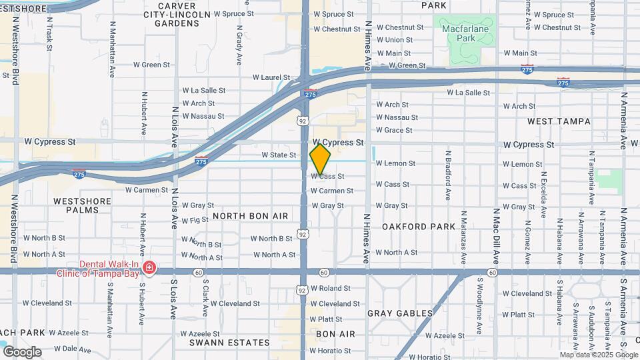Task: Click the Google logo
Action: click(22, 351)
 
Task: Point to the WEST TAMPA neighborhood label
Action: click(559, 121)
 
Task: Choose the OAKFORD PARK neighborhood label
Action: click(419, 227)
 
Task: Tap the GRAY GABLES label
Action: click(400, 313)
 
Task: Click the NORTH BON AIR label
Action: click(250, 217)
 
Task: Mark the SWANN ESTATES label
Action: click(219, 342)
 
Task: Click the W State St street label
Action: click(279, 155)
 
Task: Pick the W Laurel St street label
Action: click(271, 77)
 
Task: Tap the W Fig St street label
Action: click(195, 220)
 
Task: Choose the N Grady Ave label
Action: click(239, 44)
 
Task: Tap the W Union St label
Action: click(394, 40)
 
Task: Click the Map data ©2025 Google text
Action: click(599, 355)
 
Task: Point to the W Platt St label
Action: click(326, 319)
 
